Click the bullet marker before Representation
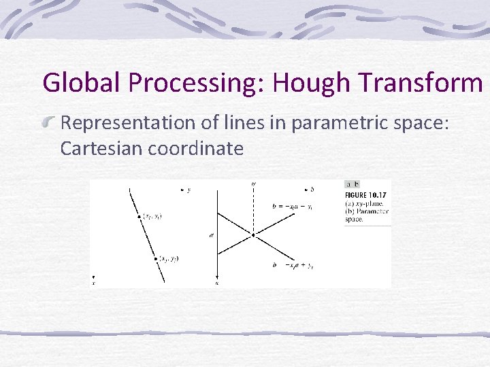tap(49, 123)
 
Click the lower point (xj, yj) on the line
tap(155, 258)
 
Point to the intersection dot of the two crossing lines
tap(253, 235)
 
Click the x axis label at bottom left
tap(94, 283)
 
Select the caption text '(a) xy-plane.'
tap(364, 203)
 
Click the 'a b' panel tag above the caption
tap(353, 184)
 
